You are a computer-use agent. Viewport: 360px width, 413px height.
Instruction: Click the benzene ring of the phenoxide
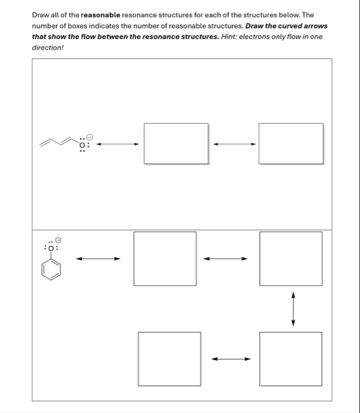[52, 269]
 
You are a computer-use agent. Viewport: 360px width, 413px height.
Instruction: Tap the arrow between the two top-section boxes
[233, 145]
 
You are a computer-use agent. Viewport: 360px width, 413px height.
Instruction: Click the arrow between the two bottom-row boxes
[230, 358]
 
